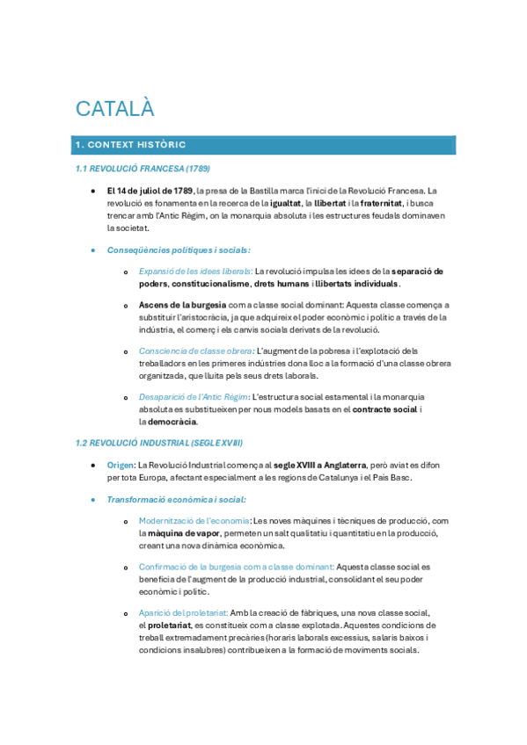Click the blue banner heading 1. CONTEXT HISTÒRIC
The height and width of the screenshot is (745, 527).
(131, 144)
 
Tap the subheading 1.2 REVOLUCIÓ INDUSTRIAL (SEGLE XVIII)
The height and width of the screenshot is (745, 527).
(159, 443)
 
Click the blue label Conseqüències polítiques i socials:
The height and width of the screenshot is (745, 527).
(179, 250)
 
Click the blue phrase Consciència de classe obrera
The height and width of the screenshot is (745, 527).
(196, 351)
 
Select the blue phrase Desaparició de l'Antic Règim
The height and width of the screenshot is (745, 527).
(194, 397)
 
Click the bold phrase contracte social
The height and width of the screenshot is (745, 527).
(385, 409)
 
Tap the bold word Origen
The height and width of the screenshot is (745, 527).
(121, 465)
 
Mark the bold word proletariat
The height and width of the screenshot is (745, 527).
(172, 625)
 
